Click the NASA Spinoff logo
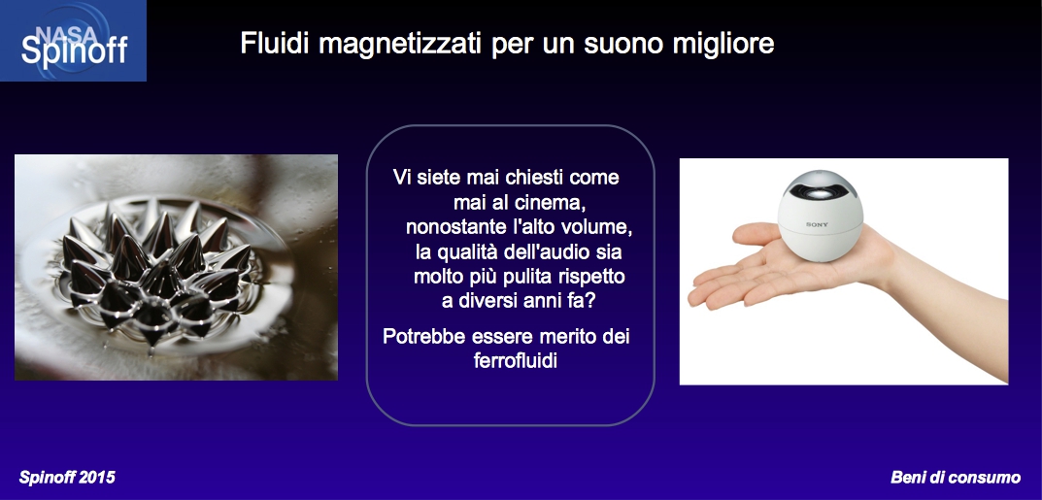click(x=73, y=41)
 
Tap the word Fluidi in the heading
click(x=276, y=44)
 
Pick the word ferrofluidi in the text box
click(x=512, y=361)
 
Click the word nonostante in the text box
click(x=454, y=228)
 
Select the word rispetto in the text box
click(x=592, y=278)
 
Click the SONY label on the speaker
click(x=818, y=224)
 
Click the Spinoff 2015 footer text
click(x=67, y=478)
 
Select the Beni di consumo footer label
click(x=956, y=478)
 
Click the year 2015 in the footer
click(x=96, y=478)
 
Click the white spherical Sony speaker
click(x=820, y=216)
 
